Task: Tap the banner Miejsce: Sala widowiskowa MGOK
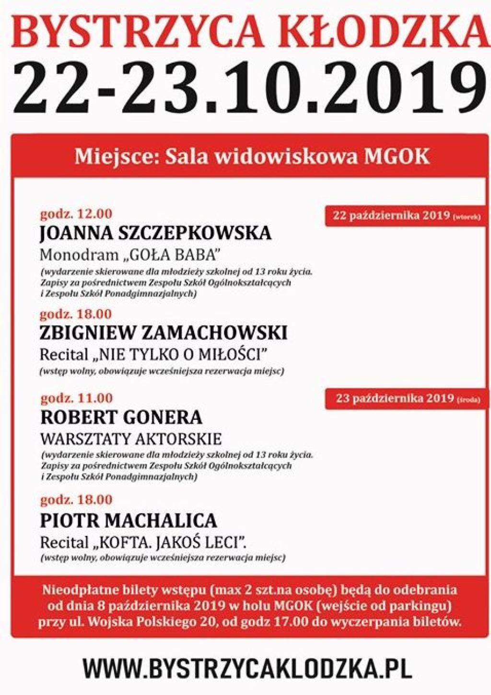(252, 157)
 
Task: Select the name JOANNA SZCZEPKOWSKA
(155, 233)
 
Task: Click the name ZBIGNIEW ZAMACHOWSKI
(164, 333)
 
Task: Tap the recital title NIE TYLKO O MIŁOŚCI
(182, 355)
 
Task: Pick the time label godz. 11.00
(76, 398)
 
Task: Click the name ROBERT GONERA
(121, 417)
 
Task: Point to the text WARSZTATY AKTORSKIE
(131, 439)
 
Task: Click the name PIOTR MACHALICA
(129, 521)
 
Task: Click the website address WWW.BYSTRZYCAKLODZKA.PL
(247, 668)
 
